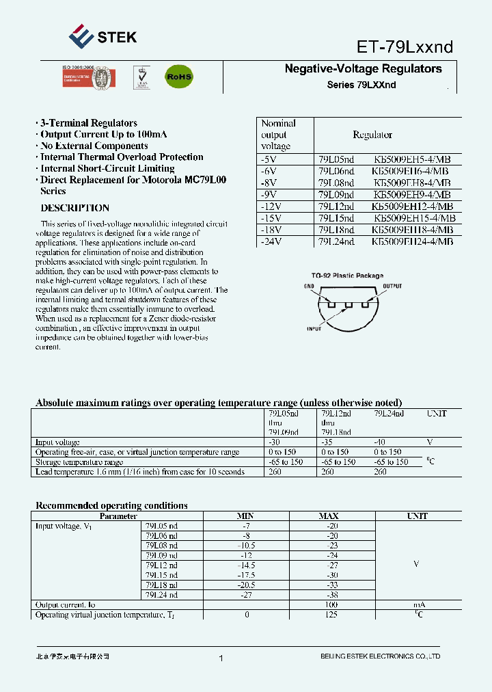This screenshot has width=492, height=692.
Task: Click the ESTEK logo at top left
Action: pos(103,37)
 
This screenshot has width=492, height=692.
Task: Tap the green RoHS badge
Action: pos(179,77)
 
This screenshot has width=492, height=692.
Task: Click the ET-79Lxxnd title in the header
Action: pos(405,46)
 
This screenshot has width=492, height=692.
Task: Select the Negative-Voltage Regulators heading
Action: pos(363,69)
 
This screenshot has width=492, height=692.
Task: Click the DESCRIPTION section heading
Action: pos(74,208)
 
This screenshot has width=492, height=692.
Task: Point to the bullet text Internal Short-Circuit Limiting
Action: pos(107,168)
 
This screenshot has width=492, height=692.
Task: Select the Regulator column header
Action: pos(372,135)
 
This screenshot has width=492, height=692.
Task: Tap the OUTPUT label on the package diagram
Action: pos(392,286)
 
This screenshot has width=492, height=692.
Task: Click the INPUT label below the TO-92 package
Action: pos(314,329)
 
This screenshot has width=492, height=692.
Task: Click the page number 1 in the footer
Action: pos(221,658)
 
